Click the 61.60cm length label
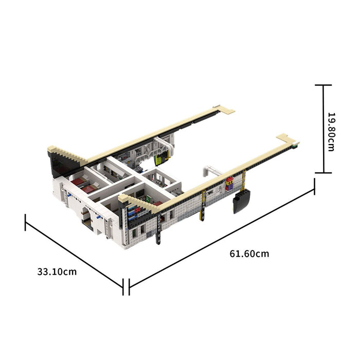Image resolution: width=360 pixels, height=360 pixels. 249,254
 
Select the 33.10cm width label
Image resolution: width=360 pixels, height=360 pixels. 57,272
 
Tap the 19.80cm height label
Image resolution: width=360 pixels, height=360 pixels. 331,132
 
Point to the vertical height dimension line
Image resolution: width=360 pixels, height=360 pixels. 323,129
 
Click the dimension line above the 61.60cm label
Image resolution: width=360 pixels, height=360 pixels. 222,237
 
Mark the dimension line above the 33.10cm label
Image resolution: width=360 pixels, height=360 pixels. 75,255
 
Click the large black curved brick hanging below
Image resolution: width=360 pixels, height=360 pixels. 242,202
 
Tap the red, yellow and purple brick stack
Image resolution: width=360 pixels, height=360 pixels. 229,184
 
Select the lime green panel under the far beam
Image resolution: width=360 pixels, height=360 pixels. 160,159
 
